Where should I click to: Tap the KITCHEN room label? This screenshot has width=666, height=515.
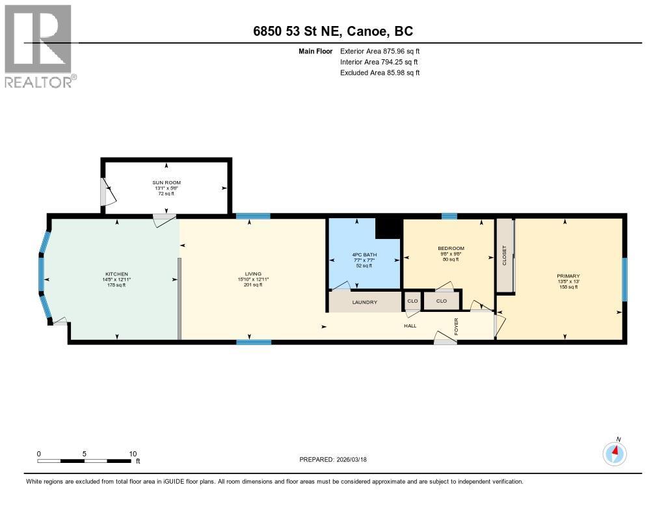click(x=117, y=274)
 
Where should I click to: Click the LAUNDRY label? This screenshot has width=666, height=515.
click(x=364, y=302)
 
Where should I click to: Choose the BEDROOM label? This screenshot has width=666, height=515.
click(x=451, y=248)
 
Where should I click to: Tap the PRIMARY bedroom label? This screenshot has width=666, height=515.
click(x=568, y=276)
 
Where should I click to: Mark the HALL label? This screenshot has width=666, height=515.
click(x=410, y=326)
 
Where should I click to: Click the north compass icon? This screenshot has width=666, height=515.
click(x=614, y=452)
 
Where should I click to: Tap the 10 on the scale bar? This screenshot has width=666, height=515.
click(x=133, y=454)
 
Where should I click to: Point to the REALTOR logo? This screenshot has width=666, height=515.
click(x=40, y=46)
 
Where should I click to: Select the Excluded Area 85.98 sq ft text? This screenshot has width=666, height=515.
click(x=380, y=73)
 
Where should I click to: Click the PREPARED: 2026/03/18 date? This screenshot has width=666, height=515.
click(x=338, y=459)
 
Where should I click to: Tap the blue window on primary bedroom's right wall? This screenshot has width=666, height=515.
click(x=624, y=279)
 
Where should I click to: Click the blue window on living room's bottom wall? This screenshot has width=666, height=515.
click(x=253, y=342)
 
